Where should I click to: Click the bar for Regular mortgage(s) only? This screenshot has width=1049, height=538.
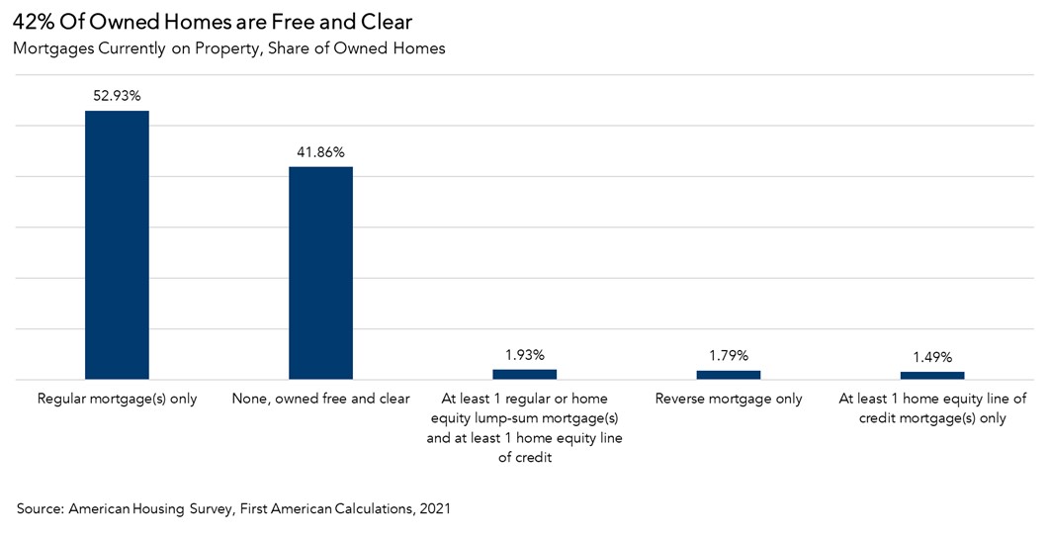[x=117, y=244]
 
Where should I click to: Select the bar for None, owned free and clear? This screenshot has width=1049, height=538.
[x=320, y=272]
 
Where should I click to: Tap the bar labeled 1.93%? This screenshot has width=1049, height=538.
[x=524, y=374]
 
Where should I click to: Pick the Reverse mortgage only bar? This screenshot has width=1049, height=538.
[x=728, y=375]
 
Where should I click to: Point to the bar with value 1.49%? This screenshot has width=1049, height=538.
[x=931, y=375]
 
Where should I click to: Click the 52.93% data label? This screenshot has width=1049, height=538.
[x=117, y=96]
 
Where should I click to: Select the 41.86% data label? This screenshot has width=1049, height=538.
[x=320, y=152]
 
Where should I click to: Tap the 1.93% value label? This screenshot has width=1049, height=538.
[x=524, y=355]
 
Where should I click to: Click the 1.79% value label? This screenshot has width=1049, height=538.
[x=728, y=355]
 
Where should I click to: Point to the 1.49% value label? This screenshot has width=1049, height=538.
[x=931, y=357]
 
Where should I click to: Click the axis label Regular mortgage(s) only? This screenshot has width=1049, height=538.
[x=117, y=399]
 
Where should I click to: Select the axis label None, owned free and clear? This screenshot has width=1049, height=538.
[x=320, y=399]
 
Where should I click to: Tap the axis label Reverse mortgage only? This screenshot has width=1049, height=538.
[x=728, y=399]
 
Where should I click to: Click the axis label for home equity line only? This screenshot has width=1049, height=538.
[x=931, y=408]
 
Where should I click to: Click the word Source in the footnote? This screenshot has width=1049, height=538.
[x=40, y=508]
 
